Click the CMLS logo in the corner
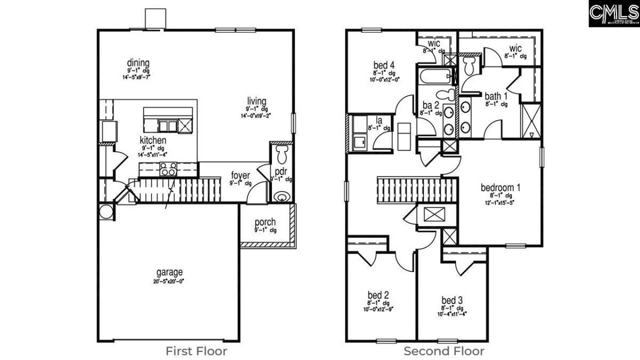[613, 13]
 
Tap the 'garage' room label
[168, 272]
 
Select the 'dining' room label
[138, 63]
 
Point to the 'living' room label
[255, 101]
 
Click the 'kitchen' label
[152, 140]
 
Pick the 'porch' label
[265, 222]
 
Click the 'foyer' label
[240, 175]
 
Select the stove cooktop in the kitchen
[168, 169]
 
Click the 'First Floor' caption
[196, 351]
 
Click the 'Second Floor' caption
[444, 351]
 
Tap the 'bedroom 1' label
[500, 187]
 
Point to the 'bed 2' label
[378, 294]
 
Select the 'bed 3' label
[451, 300]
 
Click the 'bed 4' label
[384, 65]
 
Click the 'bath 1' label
[496, 96]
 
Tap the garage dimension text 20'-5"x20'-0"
[168, 281]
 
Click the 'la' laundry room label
[379, 120]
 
